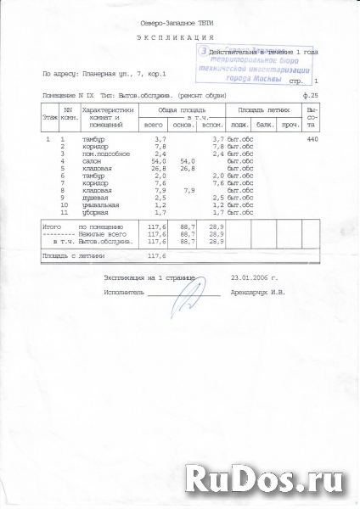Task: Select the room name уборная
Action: pyautogui.click(x=97, y=211)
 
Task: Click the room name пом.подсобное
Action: pyautogui.click(x=106, y=153)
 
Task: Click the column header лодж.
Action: pyautogui.click(x=240, y=125)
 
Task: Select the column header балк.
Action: pyautogui.click(x=265, y=125)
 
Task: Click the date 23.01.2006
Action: pyautogui.click(x=248, y=277)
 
